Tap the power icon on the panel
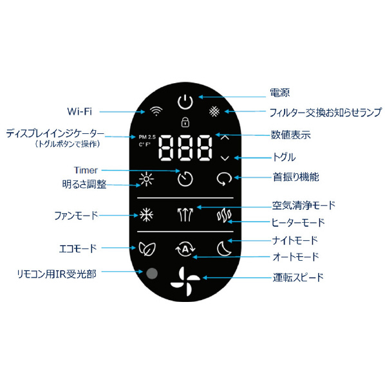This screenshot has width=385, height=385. pos(185,102)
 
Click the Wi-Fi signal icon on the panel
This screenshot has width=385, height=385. pos(156,111)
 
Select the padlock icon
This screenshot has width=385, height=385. pos(185,122)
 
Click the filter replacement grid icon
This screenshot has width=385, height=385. pos(214,111)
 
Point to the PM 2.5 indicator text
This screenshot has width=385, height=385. pos(147,137)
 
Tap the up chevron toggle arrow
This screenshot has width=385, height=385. pos(225,138)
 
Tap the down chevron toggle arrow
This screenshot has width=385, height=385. pos(225,158)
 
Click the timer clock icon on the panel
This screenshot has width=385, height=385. pos(185,179)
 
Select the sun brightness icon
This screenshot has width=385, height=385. pos(146,179)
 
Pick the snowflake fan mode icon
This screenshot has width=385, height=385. pos(146,215)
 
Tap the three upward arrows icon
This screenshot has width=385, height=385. pos(185,214)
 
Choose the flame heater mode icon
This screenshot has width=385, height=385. pos(224,216)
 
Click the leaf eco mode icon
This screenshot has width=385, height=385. pos(147,249)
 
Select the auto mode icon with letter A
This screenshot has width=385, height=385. pos(185,249)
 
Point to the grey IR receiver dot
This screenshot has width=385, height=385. pos(152,273)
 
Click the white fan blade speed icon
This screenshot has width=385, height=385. pos(185,281)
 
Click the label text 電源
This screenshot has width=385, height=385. pos(280,93)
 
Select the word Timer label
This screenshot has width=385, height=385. pos(86,170)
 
